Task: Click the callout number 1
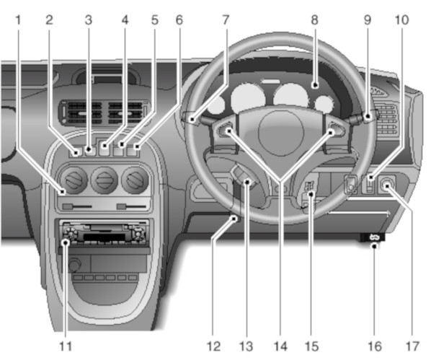17,21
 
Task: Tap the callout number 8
314,21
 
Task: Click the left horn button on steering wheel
228,131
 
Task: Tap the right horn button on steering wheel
331,131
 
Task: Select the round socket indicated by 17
390,185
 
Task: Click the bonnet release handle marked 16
373,237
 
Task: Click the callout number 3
88,21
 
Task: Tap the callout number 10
402,21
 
